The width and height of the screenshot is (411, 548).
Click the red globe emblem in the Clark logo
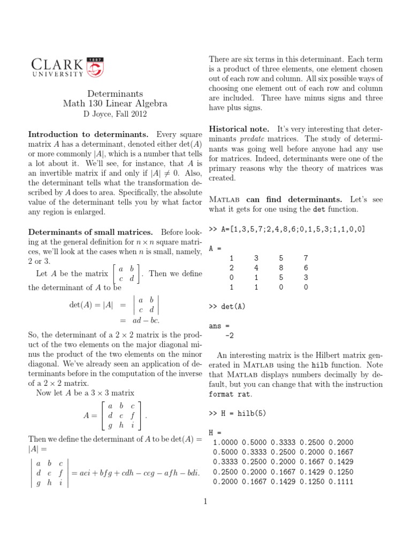coord(95,67)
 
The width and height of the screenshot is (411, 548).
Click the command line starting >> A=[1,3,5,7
coord(286,229)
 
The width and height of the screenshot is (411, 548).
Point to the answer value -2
coord(229,336)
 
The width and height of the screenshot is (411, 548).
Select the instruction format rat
coord(230,394)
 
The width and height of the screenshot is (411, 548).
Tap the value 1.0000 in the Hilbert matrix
coord(225,443)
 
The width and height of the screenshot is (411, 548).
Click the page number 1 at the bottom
coord(205,501)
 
